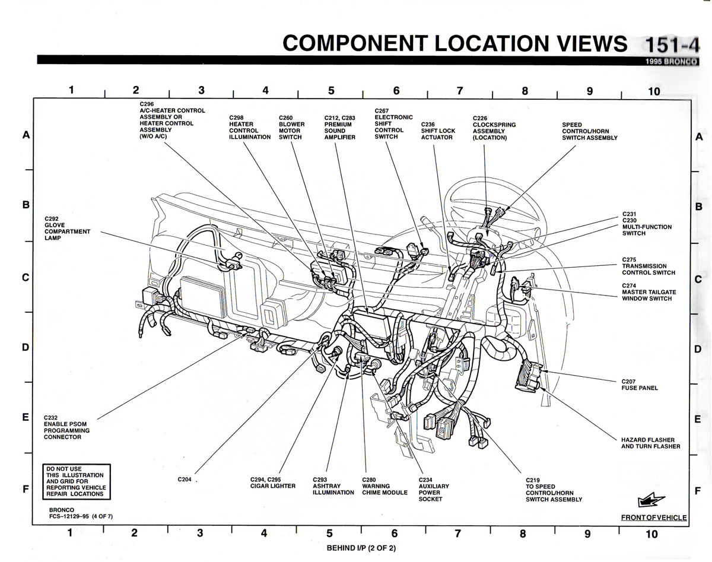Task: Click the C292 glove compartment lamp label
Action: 66,228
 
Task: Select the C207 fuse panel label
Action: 640,385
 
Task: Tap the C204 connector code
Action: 185,480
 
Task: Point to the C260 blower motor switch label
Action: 291,128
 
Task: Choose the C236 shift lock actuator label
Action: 438,131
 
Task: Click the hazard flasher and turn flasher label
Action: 650,443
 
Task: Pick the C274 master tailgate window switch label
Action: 649,292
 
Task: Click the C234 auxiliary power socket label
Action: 434,490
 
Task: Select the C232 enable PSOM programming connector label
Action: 66,427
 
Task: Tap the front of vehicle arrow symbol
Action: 651,501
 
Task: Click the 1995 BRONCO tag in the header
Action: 672,61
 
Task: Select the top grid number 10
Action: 653,91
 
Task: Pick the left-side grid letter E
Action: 26,418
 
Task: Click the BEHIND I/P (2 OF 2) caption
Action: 361,548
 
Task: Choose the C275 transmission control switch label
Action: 649,266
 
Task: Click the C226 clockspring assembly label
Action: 494,128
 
